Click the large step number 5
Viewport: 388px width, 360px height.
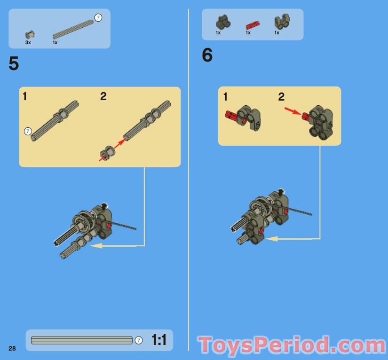click(x=14, y=64)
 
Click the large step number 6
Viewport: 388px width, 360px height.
click(x=207, y=56)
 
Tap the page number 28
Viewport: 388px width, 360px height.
click(x=12, y=348)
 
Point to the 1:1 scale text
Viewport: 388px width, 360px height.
click(x=159, y=339)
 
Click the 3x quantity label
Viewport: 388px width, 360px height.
click(x=28, y=42)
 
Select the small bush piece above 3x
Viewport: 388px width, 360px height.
click(x=30, y=34)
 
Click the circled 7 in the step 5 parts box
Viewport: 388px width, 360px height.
click(x=98, y=18)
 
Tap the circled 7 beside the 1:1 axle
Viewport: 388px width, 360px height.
click(x=139, y=340)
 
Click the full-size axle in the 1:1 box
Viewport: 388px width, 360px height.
click(x=81, y=340)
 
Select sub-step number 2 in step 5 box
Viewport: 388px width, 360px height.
click(x=103, y=96)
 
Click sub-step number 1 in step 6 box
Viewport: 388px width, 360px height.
click(x=225, y=97)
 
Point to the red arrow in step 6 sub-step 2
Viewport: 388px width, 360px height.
click(x=292, y=111)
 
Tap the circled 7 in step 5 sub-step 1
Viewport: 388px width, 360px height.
click(x=28, y=131)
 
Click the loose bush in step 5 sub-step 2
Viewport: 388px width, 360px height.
click(x=107, y=152)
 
